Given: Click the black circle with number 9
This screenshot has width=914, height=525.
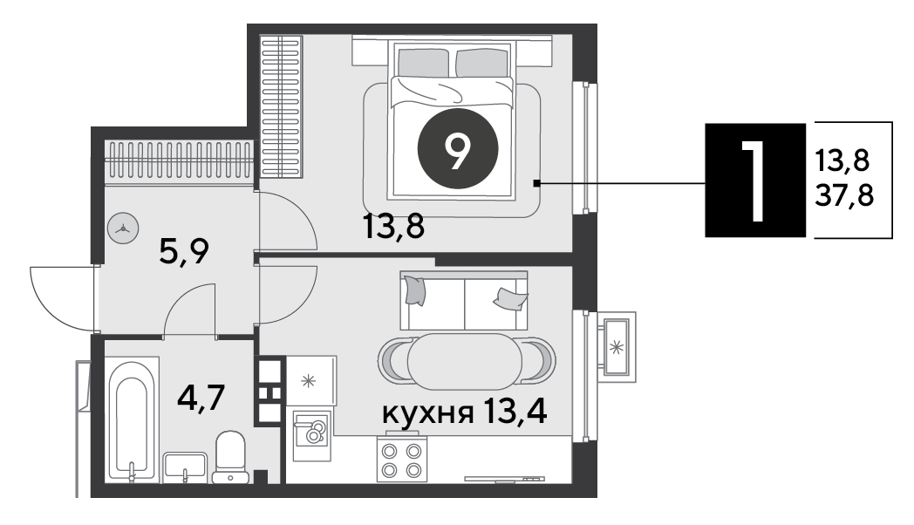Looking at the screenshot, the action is tap(458, 148).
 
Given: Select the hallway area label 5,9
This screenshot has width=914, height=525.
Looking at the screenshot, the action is tap(184, 251).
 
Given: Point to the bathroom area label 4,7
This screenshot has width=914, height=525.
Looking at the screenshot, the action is tap(201, 399).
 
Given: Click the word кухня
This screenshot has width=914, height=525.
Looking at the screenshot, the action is tap(427, 413).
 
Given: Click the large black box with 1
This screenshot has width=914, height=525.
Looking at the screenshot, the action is tap(755, 180).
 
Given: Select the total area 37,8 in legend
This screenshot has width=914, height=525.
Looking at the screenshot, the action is tap(844, 195).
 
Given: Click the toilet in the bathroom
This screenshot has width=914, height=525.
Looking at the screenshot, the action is tap(230, 458).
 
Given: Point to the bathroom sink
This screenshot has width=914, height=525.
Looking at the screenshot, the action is tap(185, 468).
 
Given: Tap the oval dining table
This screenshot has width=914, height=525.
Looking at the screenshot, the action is tap(465, 361).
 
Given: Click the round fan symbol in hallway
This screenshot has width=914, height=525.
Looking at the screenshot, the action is tap(124, 228).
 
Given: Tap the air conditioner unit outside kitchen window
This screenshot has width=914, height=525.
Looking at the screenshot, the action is tap(616, 347).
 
